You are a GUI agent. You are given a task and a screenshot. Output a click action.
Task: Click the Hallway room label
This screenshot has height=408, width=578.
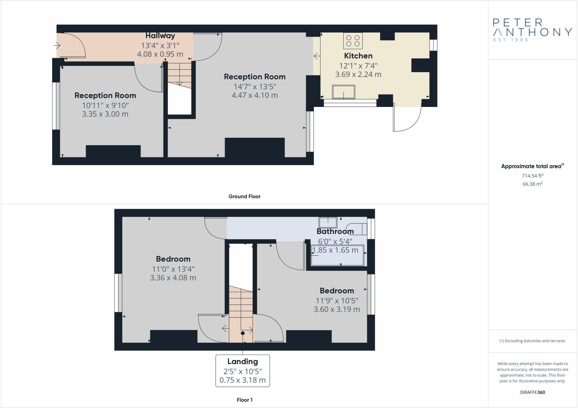tap(160, 36)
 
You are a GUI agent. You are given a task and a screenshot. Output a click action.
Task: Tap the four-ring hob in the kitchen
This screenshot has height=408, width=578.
tap(353, 41)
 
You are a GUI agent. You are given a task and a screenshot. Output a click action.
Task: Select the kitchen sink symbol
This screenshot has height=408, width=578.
tap(344, 92)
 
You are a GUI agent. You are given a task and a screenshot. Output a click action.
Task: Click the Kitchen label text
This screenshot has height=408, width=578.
tap(358, 56)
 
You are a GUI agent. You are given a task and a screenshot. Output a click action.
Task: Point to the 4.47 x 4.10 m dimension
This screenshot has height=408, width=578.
tap(255, 95)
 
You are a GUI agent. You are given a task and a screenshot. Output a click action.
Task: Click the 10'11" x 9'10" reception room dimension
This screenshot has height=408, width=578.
tap(105, 106)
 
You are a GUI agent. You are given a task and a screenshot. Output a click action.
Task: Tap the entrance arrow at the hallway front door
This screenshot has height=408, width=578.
tap(57, 45)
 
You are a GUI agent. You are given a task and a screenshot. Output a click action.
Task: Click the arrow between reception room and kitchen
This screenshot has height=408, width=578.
tap(317, 56)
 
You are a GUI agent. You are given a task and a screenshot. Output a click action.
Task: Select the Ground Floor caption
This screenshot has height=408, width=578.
tap(244, 196)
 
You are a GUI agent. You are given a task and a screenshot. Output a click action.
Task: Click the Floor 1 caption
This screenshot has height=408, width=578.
tap(245, 400)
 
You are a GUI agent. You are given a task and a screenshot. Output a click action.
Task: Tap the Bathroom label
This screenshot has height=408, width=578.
tap(335, 231)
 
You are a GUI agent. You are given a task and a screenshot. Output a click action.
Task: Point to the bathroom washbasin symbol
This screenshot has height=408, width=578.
tap(328, 223)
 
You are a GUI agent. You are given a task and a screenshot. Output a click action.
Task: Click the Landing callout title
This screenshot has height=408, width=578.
tap(243, 362)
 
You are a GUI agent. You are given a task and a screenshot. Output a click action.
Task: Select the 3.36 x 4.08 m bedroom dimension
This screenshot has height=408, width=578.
tap(173, 278)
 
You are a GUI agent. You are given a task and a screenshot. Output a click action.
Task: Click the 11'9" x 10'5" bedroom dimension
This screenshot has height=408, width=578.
tap(337, 301)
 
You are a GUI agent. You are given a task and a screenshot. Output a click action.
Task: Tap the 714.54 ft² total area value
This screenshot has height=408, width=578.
tap(533, 176)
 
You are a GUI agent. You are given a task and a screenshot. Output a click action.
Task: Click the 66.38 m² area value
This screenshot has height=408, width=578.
tap(533, 184)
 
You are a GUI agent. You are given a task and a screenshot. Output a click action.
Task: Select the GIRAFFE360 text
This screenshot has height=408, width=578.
tap(532, 392)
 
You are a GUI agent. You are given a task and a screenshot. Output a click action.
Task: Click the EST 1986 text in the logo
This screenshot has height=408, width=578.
tap(511, 40)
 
